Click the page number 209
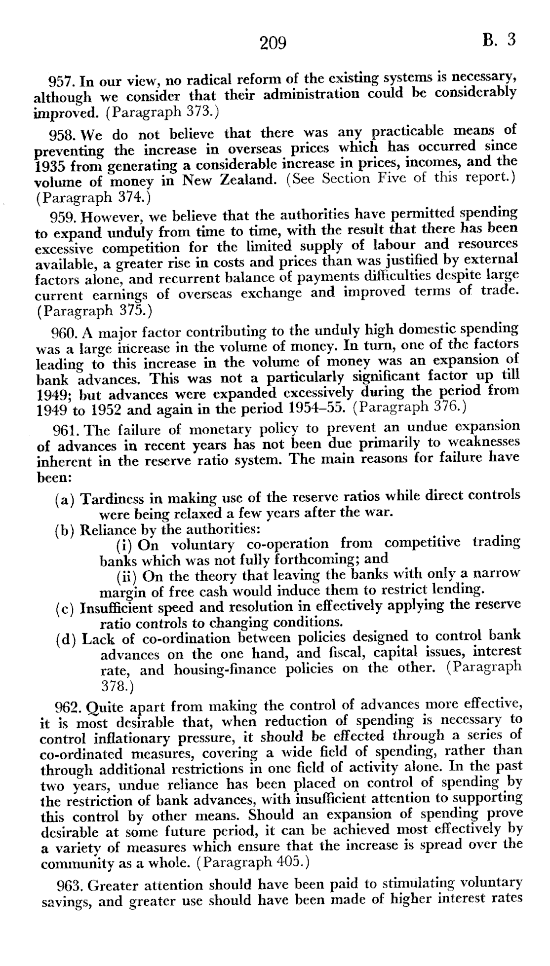273,43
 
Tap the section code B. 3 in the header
499,39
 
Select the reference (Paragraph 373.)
161,111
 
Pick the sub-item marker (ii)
126,576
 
